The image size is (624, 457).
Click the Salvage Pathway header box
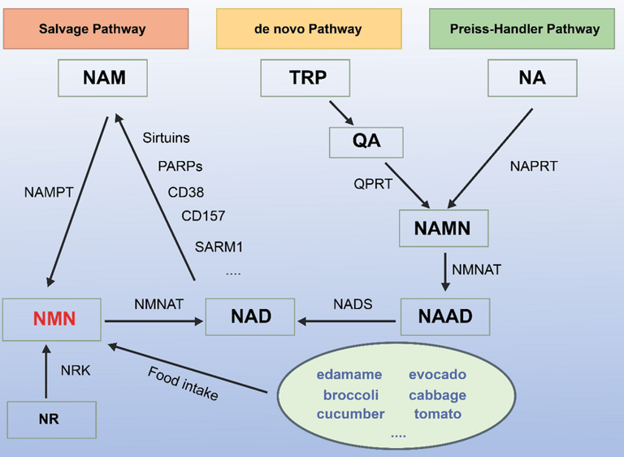click(x=92, y=28)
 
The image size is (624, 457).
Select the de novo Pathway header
click(x=309, y=28)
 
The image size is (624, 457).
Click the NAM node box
click(x=104, y=78)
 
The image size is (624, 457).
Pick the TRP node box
click(x=305, y=78)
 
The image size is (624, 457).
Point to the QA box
click(x=366, y=141)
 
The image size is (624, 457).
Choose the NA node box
click(x=532, y=78)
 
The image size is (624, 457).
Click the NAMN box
click(x=442, y=228)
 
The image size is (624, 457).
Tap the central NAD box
click(x=251, y=316)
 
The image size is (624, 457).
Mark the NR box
click(x=49, y=420)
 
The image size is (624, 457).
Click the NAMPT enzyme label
click(x=50, y=192)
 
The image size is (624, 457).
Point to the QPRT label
click(x=373, y=184)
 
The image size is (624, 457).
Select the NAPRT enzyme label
click(x=532, y=166)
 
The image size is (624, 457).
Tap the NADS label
click(x=352, y=304)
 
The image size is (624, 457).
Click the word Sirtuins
click(x=165, y=138)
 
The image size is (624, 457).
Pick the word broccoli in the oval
click(x=350, y=395)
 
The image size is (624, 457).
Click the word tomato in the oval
click(x=437, y=414)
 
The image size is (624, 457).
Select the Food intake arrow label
click(x=183, y=383)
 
